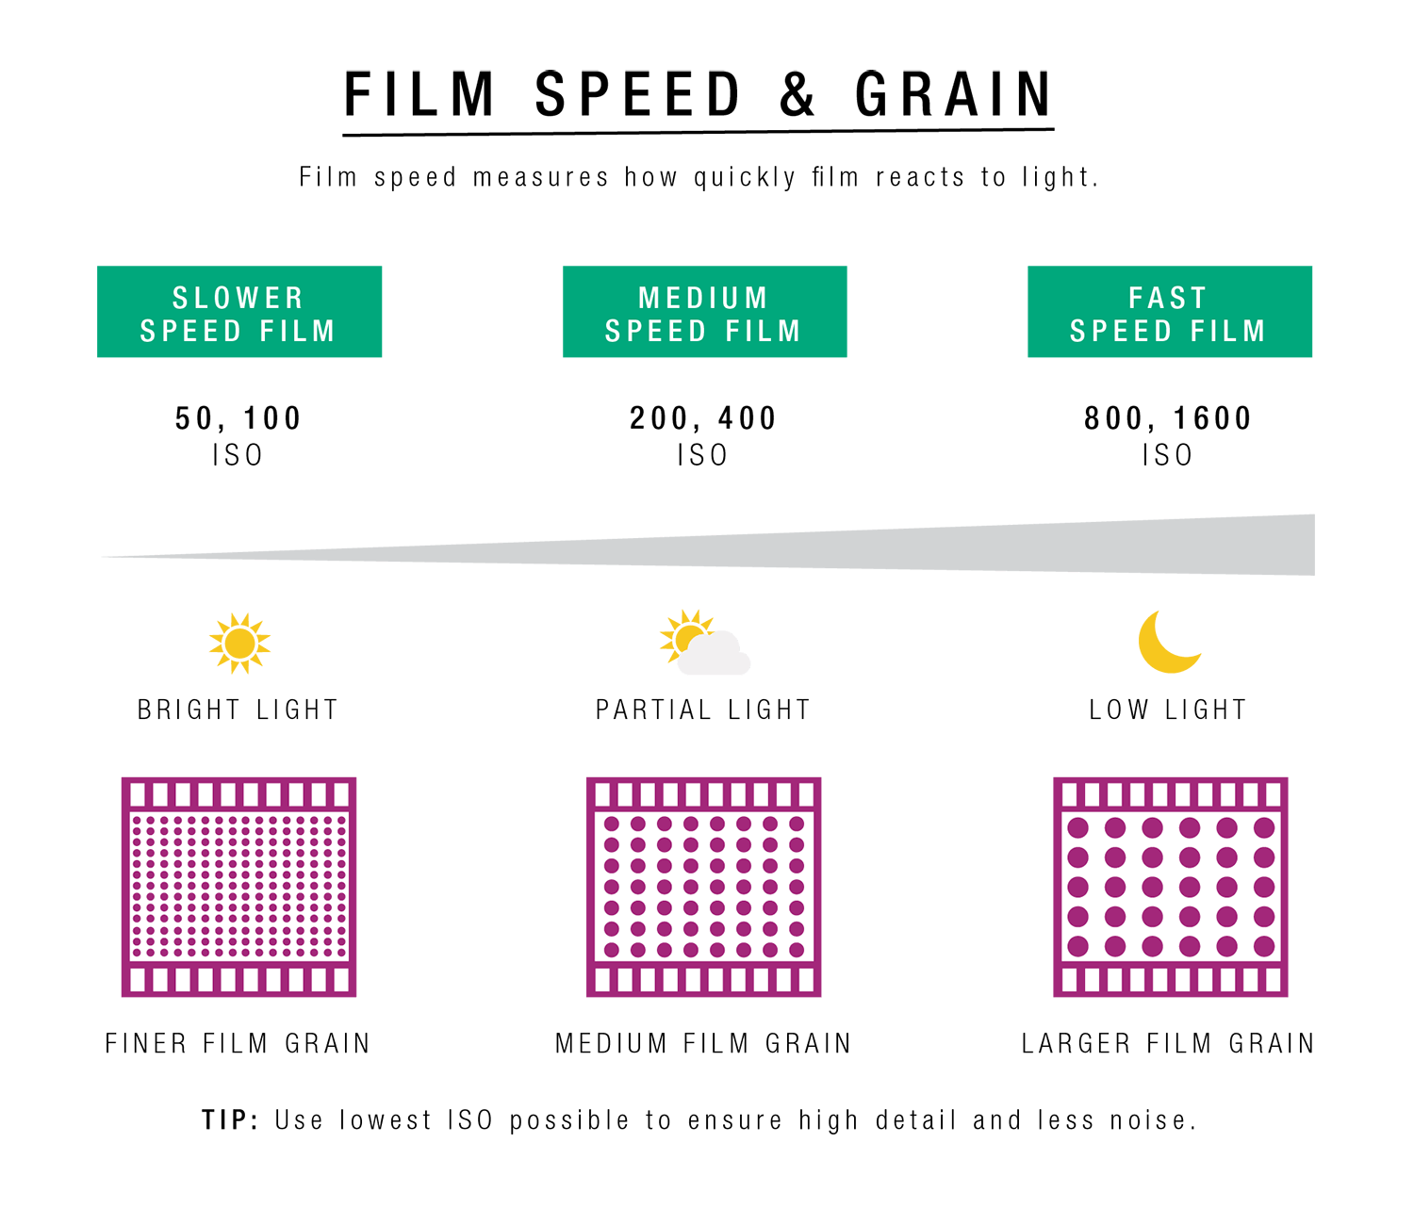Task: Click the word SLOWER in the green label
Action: pos(238,298)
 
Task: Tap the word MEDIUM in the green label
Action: pos(703,298)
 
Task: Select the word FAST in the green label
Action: pos(1168,298)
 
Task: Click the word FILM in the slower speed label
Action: pos(298,332)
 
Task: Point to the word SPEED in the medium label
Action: pos(655,332)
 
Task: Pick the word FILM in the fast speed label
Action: pos(1228,332)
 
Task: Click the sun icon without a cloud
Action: pos(239,644)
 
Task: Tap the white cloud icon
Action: pos(715,656)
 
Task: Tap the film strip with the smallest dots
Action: pos(238,887)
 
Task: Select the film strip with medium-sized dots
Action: pos(703,887)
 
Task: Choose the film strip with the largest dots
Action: pos(1170,887)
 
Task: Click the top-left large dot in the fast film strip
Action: pos(1077,828)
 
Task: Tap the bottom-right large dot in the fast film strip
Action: pos(1264,946)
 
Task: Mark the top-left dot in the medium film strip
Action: pos(612,824)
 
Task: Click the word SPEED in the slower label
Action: pos(190,332)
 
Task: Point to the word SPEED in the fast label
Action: pos(1121,332)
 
